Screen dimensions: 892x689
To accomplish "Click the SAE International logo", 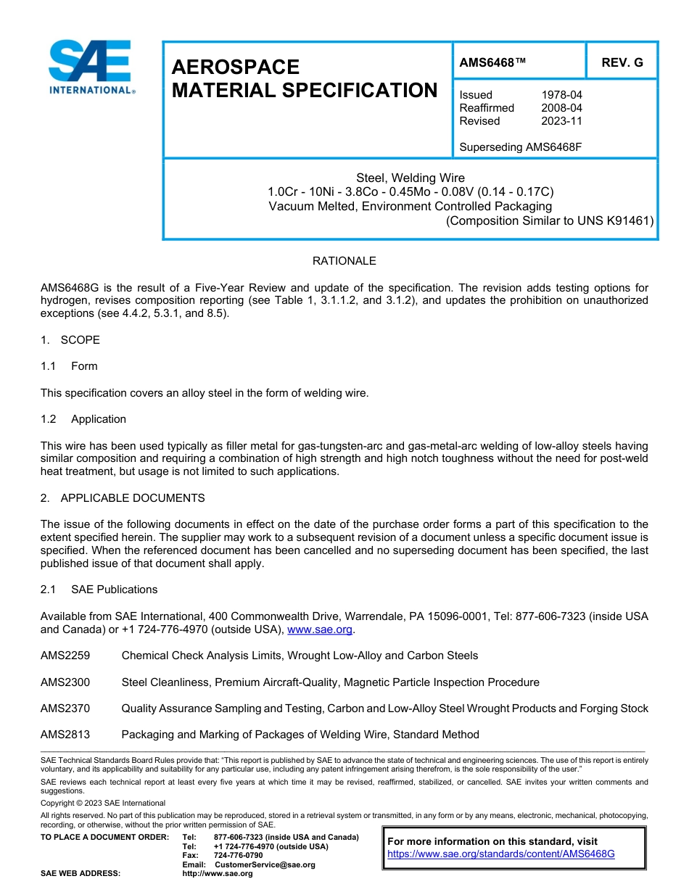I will [90, 67].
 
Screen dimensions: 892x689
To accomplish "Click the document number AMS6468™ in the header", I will [492, 62].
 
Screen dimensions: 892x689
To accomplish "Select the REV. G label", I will [622, 62].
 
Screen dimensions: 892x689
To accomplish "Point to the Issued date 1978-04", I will [561, 95].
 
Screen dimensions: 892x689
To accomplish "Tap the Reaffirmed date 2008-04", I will [561, 108].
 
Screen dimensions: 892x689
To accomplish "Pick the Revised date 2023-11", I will [561, 121].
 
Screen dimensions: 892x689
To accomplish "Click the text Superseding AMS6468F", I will [521, 147].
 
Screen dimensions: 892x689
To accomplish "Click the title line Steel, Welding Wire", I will [410, 178].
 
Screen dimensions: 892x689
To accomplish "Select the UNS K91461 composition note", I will [549, 220].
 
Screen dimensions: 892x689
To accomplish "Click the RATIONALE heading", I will [344, 261].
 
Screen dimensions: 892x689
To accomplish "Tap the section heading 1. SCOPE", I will [70, 340].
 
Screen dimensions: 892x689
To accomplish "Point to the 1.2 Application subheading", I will [83, 419].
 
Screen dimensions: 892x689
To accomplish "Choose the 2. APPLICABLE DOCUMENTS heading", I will [123, 498].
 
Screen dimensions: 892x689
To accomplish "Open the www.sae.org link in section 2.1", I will [319, 629].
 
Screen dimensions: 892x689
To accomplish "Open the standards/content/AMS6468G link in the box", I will [500, 854].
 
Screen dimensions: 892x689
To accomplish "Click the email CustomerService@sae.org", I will [265, 864].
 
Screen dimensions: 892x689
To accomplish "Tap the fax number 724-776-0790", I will [239, 855].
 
